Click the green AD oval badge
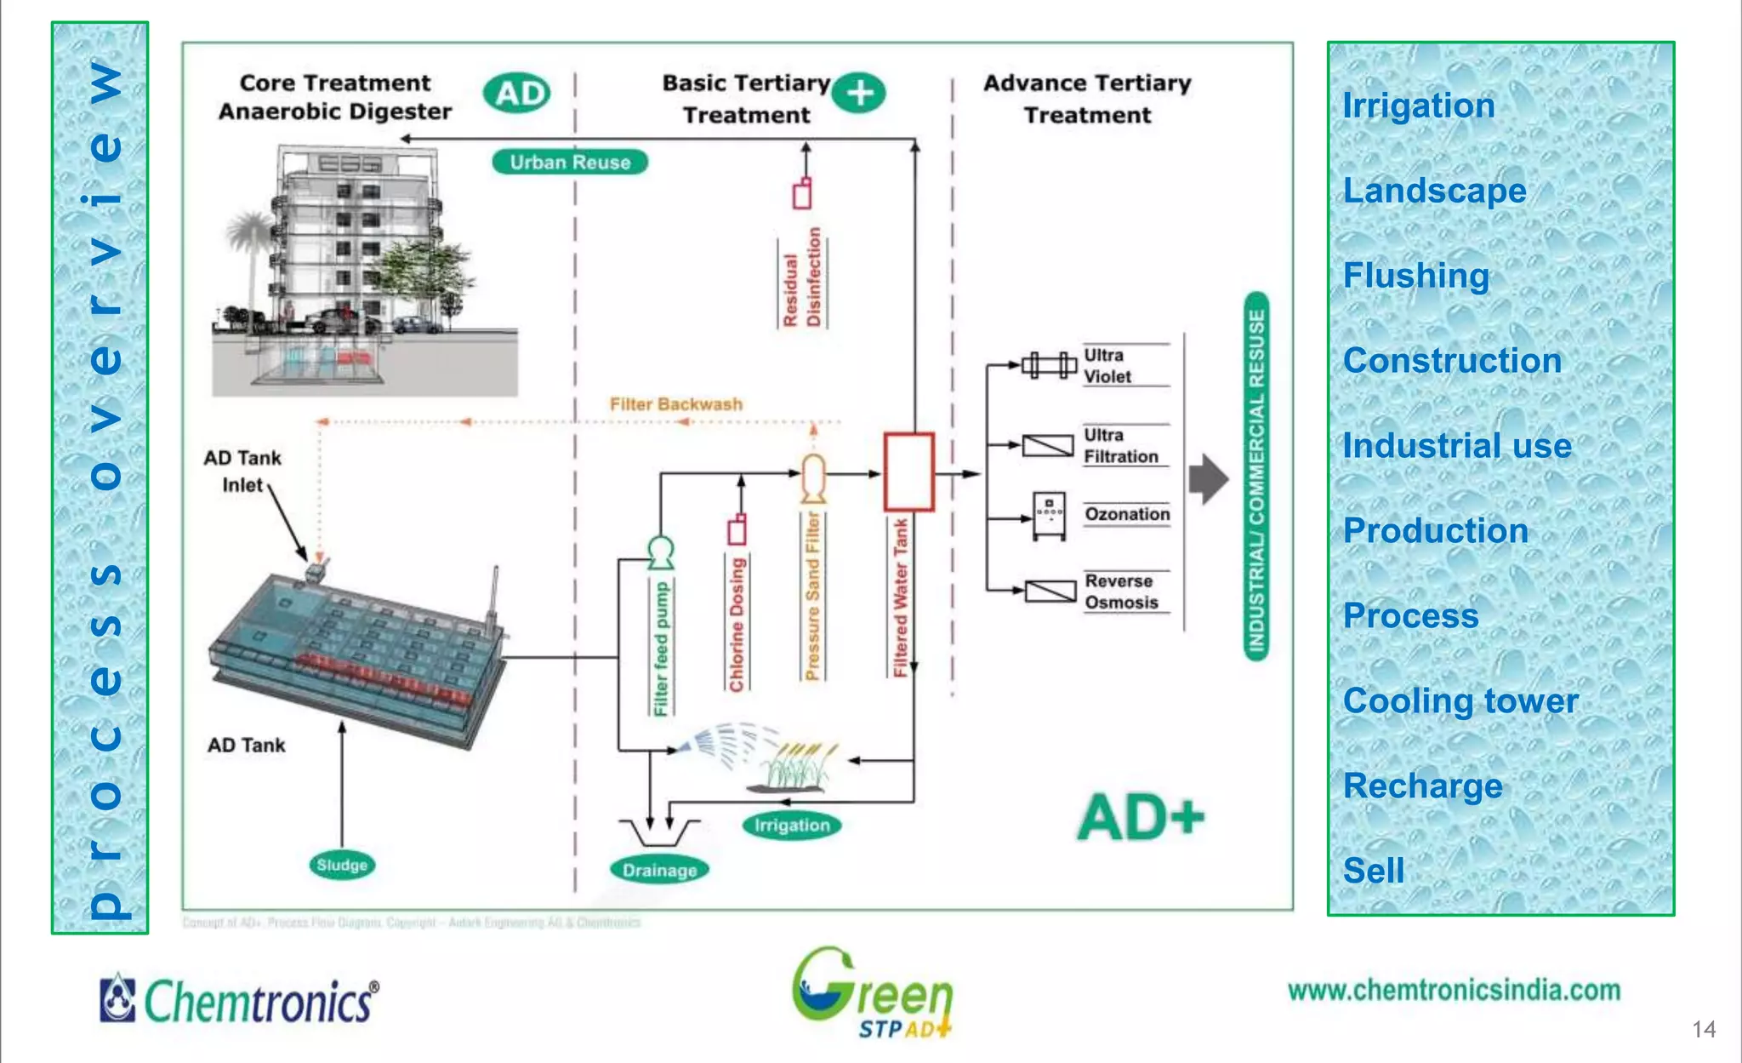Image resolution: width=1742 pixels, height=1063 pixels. point(516,93)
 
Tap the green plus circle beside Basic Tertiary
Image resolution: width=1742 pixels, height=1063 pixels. point(859,93)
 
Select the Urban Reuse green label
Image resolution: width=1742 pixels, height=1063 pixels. point(570,162)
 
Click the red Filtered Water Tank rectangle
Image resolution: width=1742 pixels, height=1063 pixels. point(908,471)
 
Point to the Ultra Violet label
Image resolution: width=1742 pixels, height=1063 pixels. point(1107,366)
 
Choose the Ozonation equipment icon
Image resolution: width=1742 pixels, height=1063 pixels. point(1049,515)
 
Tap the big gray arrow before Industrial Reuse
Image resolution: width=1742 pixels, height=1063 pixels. point(1208,480)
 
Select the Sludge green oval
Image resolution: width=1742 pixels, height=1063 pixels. point(342,865)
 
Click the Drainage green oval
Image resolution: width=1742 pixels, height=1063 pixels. point(659,870)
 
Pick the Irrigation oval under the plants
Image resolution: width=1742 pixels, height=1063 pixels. point(791,825)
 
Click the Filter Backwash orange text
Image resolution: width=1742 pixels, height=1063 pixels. point(675,404)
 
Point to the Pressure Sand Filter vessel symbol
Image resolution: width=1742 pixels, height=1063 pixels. point(813,478)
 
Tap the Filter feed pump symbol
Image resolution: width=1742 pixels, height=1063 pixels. point(661,553)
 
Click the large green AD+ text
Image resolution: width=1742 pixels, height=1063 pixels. point(1141,818)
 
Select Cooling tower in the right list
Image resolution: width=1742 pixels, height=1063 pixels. point(1460,700)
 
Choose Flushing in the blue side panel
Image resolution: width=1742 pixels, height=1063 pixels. point(1415,276)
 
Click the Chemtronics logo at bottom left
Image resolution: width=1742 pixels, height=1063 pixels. point(239,1000)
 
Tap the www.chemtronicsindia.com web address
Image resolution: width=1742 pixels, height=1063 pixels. point(1454,991)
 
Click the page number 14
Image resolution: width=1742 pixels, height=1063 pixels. point(1704,1030)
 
